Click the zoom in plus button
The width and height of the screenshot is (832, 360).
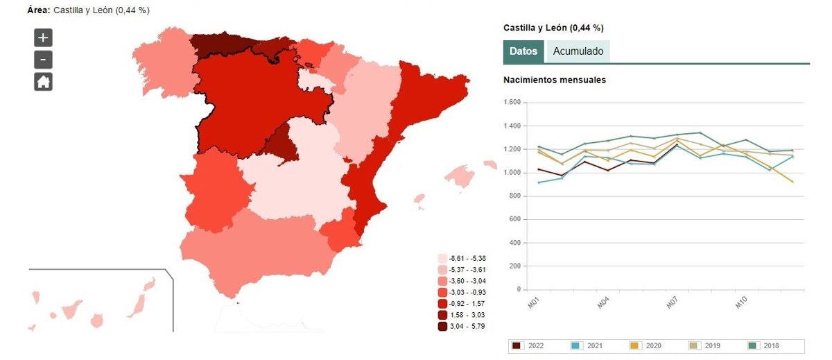tap(43, 38)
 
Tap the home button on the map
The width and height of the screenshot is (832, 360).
tap(43, 82)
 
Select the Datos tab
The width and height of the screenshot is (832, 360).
tap(523, 51)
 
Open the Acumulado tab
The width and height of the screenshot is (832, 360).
tap(578, 51)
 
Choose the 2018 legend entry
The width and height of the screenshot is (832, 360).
tap(765, 345)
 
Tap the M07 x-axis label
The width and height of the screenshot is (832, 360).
tap(672, 302)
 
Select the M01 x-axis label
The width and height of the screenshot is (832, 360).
tap(532, 302)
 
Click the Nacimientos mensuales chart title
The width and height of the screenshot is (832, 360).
tap(555, 80)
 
